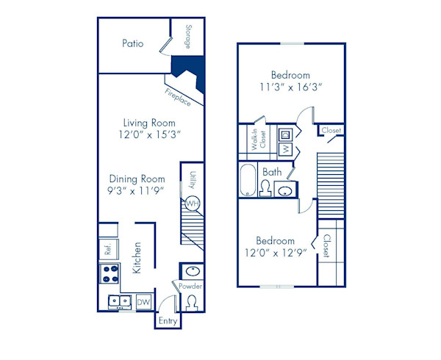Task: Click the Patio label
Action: tap(132, 44)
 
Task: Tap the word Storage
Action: tap(188, 38)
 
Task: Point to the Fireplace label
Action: tap(178, 98)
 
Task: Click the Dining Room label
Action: tap(137, 179)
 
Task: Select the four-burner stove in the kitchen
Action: tap(110, 274)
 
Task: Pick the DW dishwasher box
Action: tap(144, 301)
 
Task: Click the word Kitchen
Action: tap(136, 259)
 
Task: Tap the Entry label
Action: tap(168, 321)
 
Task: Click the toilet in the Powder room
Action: tap(192, 301)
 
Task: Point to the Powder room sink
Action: tap(190, 270)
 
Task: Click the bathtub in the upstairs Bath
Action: tap(248, 180)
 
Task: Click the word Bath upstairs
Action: tap(272, 173)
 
